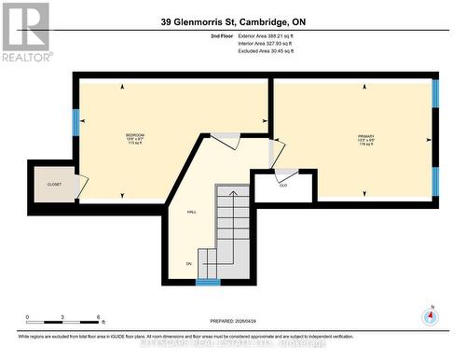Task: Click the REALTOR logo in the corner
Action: pos(25,32)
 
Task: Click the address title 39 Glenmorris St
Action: pos(233,21)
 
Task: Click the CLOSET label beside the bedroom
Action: pos(54,185)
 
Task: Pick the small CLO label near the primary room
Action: pos(283,185)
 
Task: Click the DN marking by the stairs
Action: pos(188,264)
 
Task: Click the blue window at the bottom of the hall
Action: pos(208,282)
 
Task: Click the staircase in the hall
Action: pos(232,228)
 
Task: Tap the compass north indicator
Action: pos(430,315)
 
